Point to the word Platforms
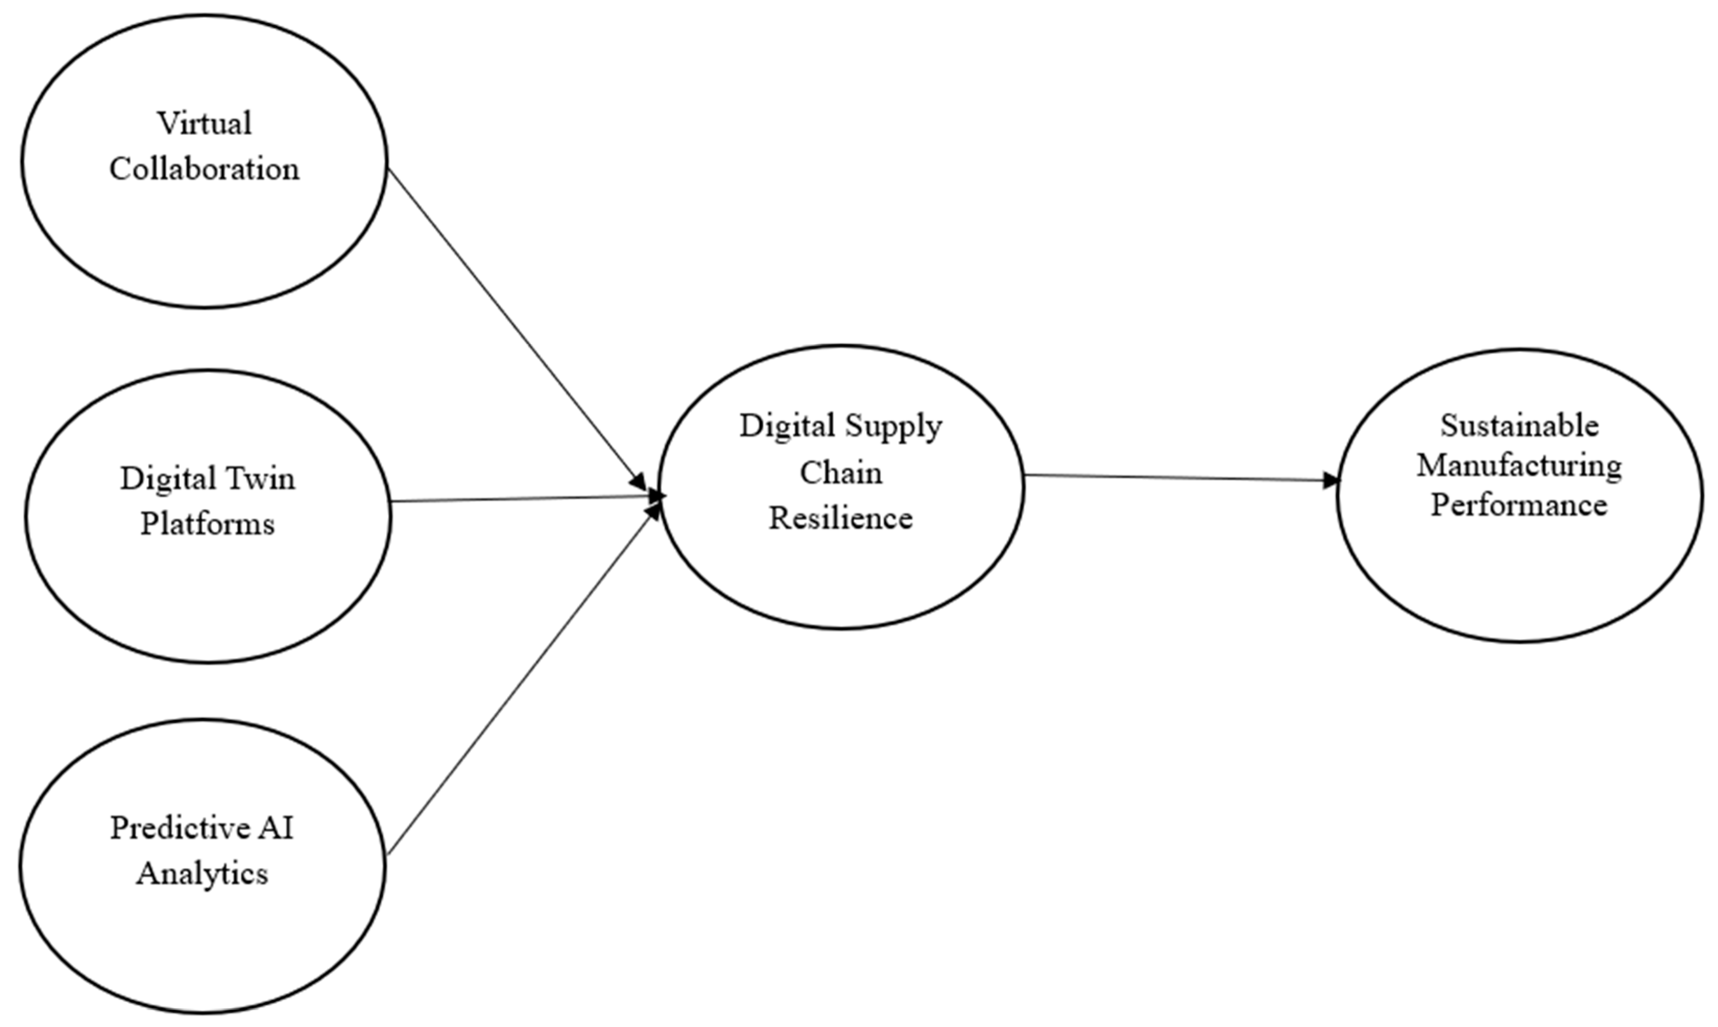[208, 524]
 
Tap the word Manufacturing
[1519, 465]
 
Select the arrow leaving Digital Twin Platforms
[519, 498]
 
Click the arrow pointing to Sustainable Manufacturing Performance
[1177, 478]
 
